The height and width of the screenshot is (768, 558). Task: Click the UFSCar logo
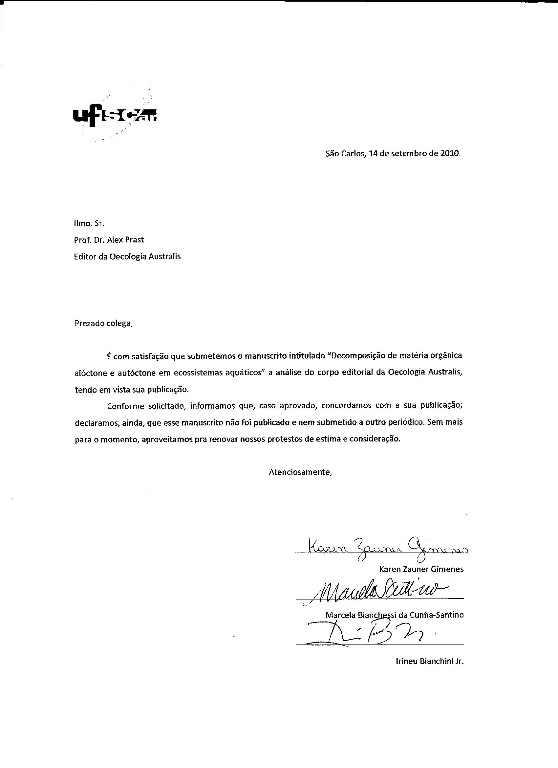(x=115, y=117)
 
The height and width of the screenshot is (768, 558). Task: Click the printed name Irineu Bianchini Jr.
(x=429, y=661)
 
